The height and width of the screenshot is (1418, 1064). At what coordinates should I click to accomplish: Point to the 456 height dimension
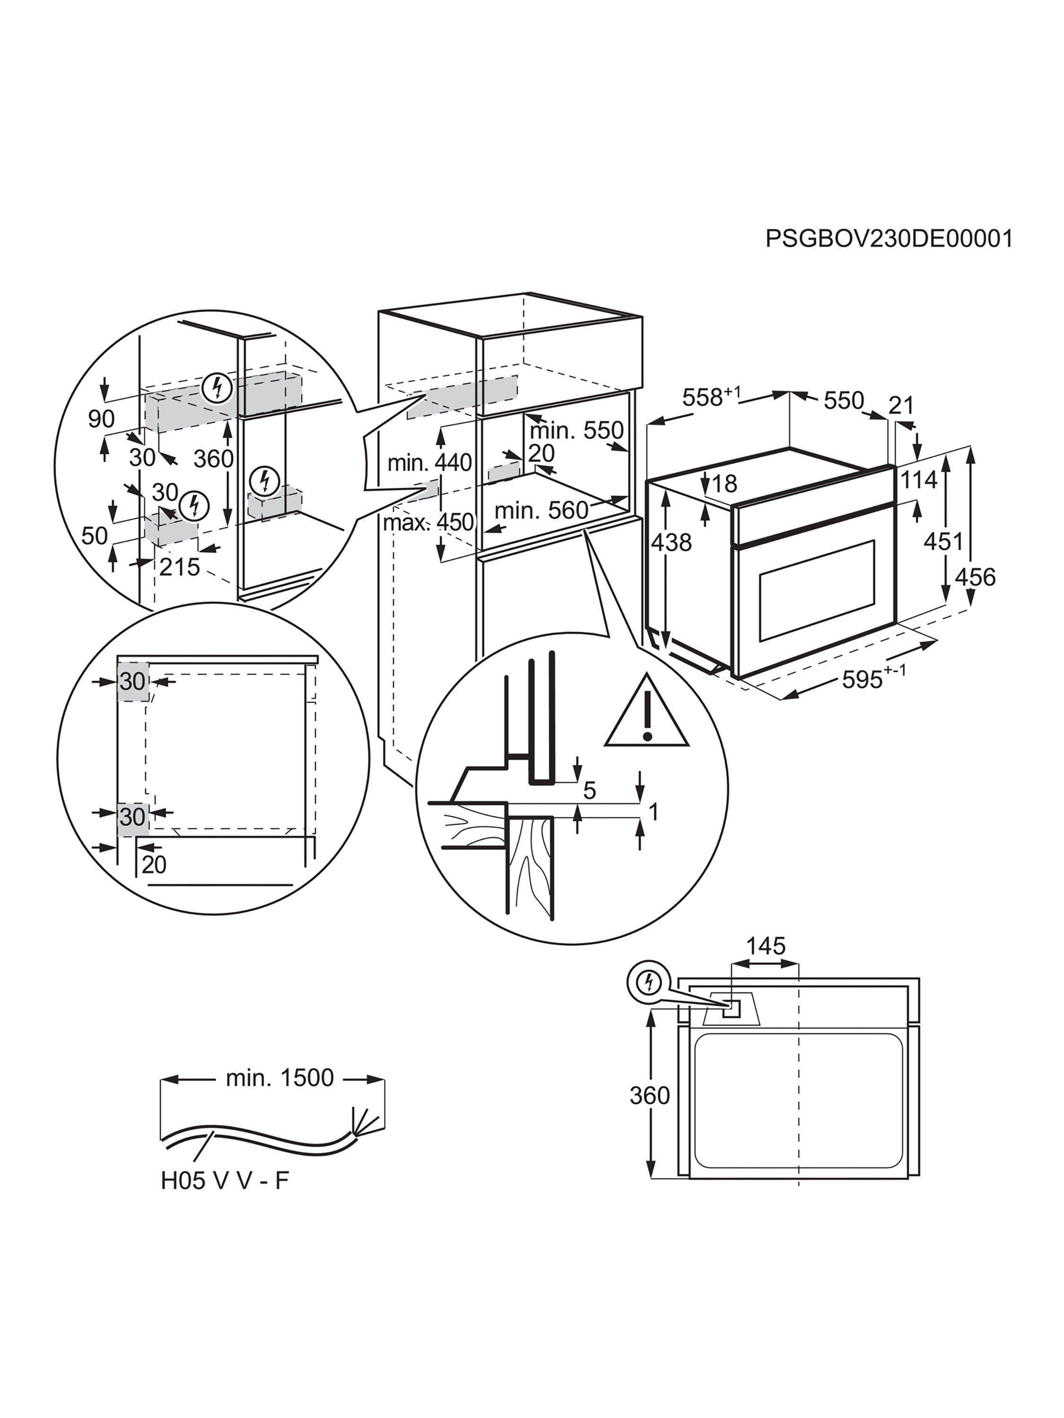click(x=975, y=577)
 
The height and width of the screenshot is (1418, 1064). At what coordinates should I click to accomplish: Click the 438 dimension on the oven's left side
click(x=672, y=542)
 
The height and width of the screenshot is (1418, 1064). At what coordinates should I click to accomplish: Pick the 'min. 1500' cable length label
click(x=279, y=1078)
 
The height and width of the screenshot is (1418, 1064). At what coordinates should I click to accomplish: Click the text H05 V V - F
click(x=225, y=1180)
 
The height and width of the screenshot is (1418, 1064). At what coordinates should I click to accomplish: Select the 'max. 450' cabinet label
click(x=428, y=522)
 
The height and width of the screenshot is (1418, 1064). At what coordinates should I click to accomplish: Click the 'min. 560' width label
click(x=541, y=510)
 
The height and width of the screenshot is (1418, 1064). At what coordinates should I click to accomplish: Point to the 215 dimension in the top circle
click(x=179, y=567)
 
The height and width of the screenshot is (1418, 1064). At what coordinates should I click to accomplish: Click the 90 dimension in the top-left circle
click(x=101, y=419)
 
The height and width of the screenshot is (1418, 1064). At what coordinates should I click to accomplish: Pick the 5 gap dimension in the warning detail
click(x=589, y=790)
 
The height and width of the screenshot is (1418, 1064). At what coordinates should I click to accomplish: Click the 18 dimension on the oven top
click(x=724, y=484)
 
